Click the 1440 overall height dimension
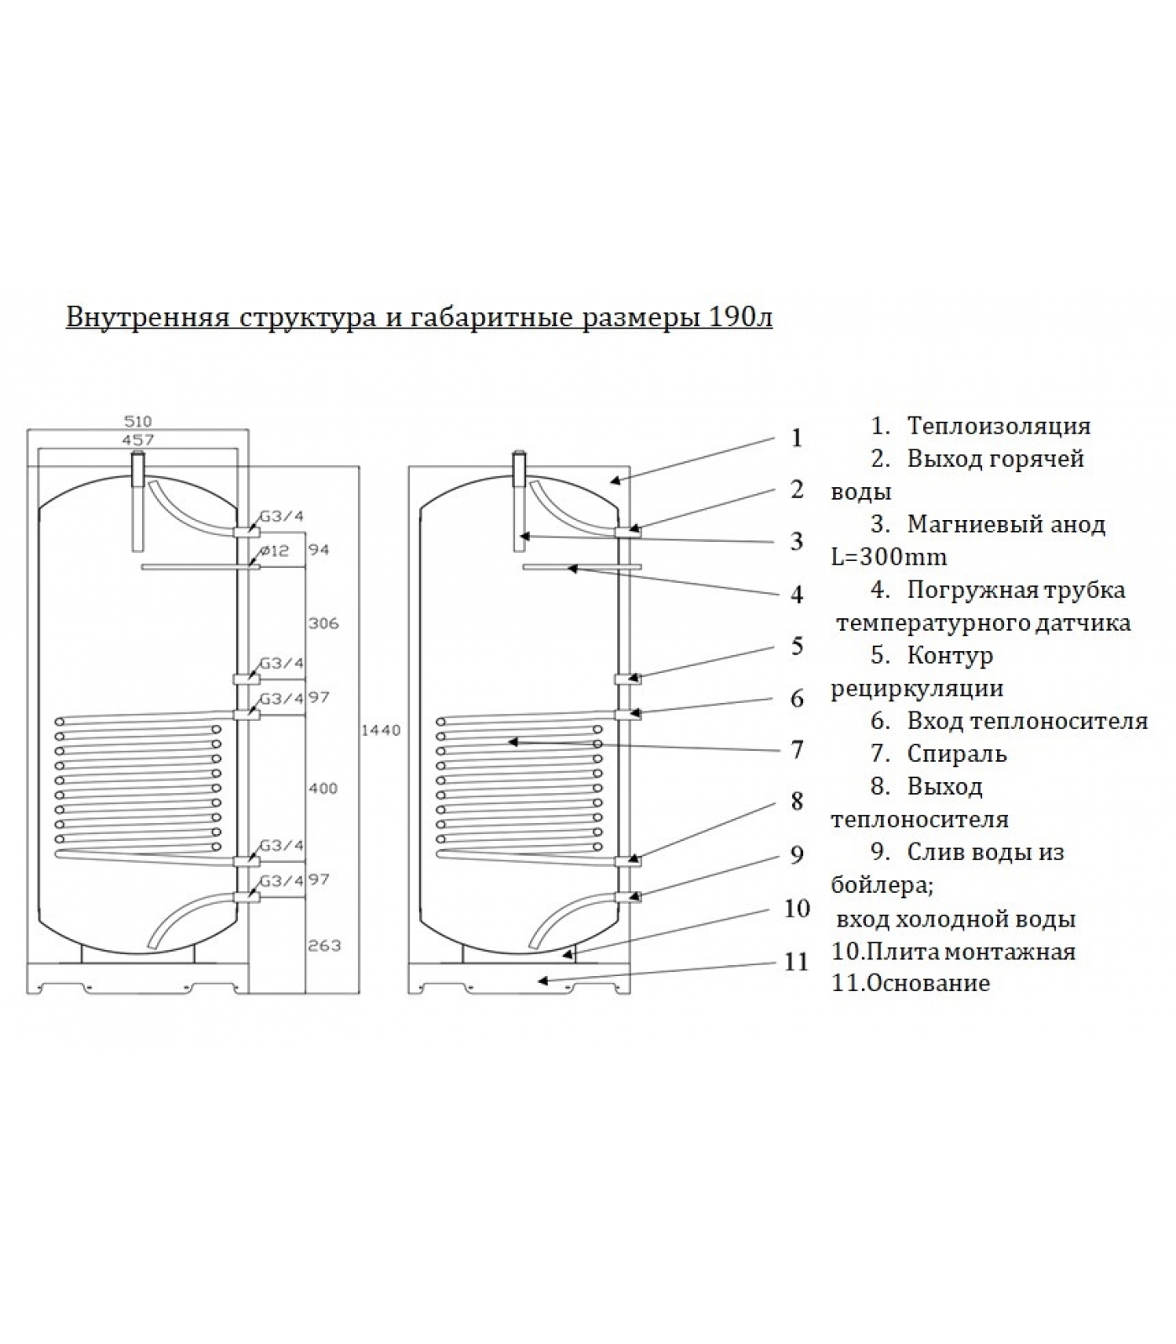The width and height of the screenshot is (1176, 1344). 381,731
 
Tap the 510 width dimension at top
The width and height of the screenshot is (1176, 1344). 138,422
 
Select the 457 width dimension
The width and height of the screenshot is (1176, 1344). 138,439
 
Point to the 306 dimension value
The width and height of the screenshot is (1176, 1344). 323,623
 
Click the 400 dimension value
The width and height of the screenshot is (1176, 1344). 323,788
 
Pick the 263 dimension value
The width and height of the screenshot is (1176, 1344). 323,945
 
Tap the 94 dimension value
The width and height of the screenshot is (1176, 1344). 318,550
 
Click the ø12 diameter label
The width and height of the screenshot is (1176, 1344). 274,551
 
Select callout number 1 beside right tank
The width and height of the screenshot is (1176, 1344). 796,438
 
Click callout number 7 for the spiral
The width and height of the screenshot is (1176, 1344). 797,749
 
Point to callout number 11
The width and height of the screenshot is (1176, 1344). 795,962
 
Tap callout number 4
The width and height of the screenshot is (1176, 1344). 797,595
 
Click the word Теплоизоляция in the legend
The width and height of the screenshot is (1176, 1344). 999,426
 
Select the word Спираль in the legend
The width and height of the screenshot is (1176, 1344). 957,754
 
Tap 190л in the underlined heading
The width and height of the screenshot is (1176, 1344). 741,318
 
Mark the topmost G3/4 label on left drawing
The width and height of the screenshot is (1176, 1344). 281,517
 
